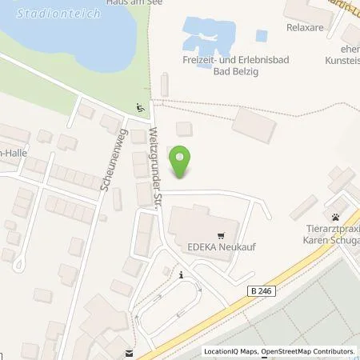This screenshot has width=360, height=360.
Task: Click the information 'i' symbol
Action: pyautogui.click(x=182, y=275)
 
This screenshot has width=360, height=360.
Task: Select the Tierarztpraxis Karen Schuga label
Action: pyautogui.click(x=331, y=236)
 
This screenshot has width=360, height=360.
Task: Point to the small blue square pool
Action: pyautogui.click(x=261, y=36)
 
